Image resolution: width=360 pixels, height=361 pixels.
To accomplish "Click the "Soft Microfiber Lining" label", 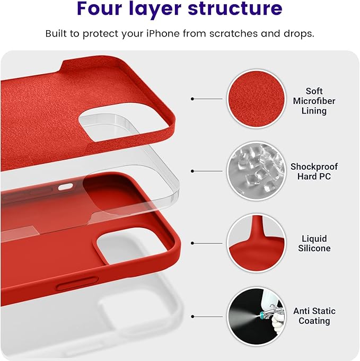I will pos(314,101).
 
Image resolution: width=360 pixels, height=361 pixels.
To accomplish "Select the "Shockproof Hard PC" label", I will pos(314,171).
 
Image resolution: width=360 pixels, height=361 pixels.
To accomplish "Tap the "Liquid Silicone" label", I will pos(314,243).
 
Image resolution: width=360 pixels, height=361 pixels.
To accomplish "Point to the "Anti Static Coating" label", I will pos(314,316).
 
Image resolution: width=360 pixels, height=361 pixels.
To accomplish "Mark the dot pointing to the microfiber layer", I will pos(193,99).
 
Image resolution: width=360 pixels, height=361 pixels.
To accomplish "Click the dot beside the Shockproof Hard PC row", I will pos(193,171).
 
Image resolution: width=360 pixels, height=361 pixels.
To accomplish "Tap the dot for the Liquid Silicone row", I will pos(193,243).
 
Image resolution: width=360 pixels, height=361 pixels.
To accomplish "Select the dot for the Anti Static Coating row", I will pos(193,316).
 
